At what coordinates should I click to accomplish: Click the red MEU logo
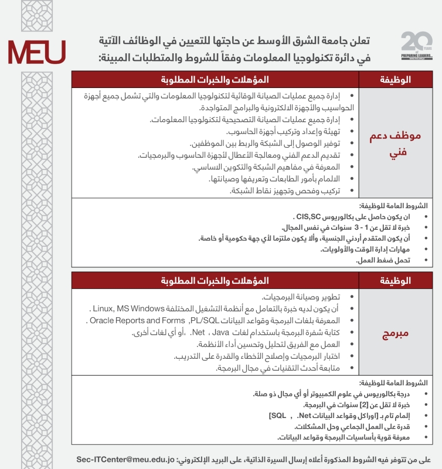click(36, 53)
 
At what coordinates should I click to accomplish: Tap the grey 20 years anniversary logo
click(417, 46)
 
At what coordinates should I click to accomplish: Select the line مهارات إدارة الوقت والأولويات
click(364, 249)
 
